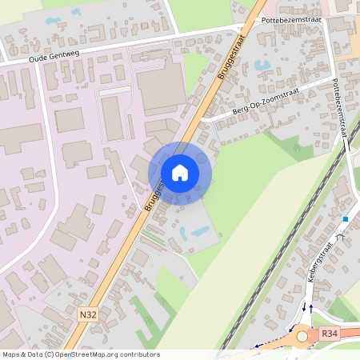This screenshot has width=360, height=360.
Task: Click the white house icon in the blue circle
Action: point(180,173)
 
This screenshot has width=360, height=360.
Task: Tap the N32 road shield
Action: point(89,316)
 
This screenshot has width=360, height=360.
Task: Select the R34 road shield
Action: point(329,333)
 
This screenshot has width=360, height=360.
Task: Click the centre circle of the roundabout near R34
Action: point(302,337)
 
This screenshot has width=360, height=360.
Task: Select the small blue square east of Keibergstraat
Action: point(346,219)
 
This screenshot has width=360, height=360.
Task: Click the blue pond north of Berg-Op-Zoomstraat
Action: point(262,65)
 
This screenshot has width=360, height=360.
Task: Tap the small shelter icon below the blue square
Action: point(340,237)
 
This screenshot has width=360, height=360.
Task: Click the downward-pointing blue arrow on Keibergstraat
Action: point(304,307)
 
